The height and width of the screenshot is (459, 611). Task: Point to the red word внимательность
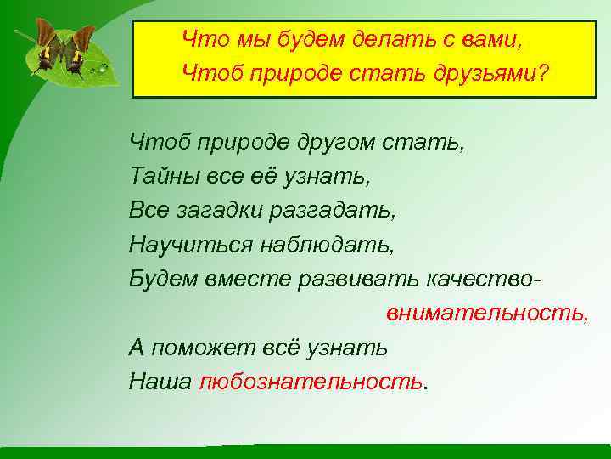click(x=486, y=313)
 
